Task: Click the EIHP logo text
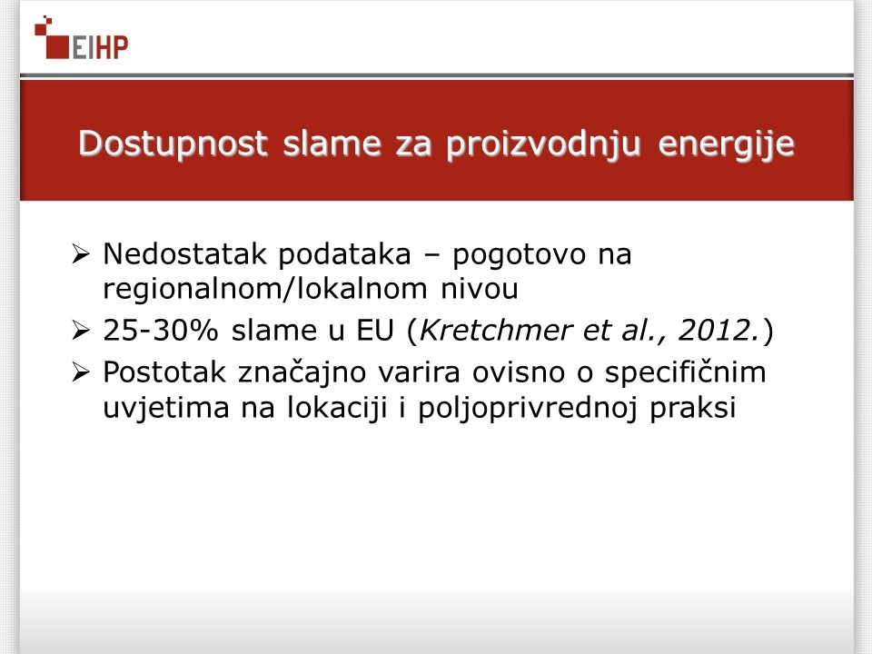(x=100, y=47)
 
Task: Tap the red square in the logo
(x=56, y=46)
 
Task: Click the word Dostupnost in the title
(x=173, y=144)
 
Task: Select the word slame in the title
(x=332, y=144)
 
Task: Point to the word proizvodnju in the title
(x=544, y=144)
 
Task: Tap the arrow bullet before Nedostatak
(x=81, y=254)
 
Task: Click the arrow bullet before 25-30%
(x=81, y=331)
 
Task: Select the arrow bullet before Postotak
(x=81, y=372)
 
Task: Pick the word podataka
(x=345, y=254)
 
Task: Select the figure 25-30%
(x=161, y=331)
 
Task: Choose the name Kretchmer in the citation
(x=496, y=331)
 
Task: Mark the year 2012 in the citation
(x=714, y=331)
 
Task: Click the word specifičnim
(x=685, y=373)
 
